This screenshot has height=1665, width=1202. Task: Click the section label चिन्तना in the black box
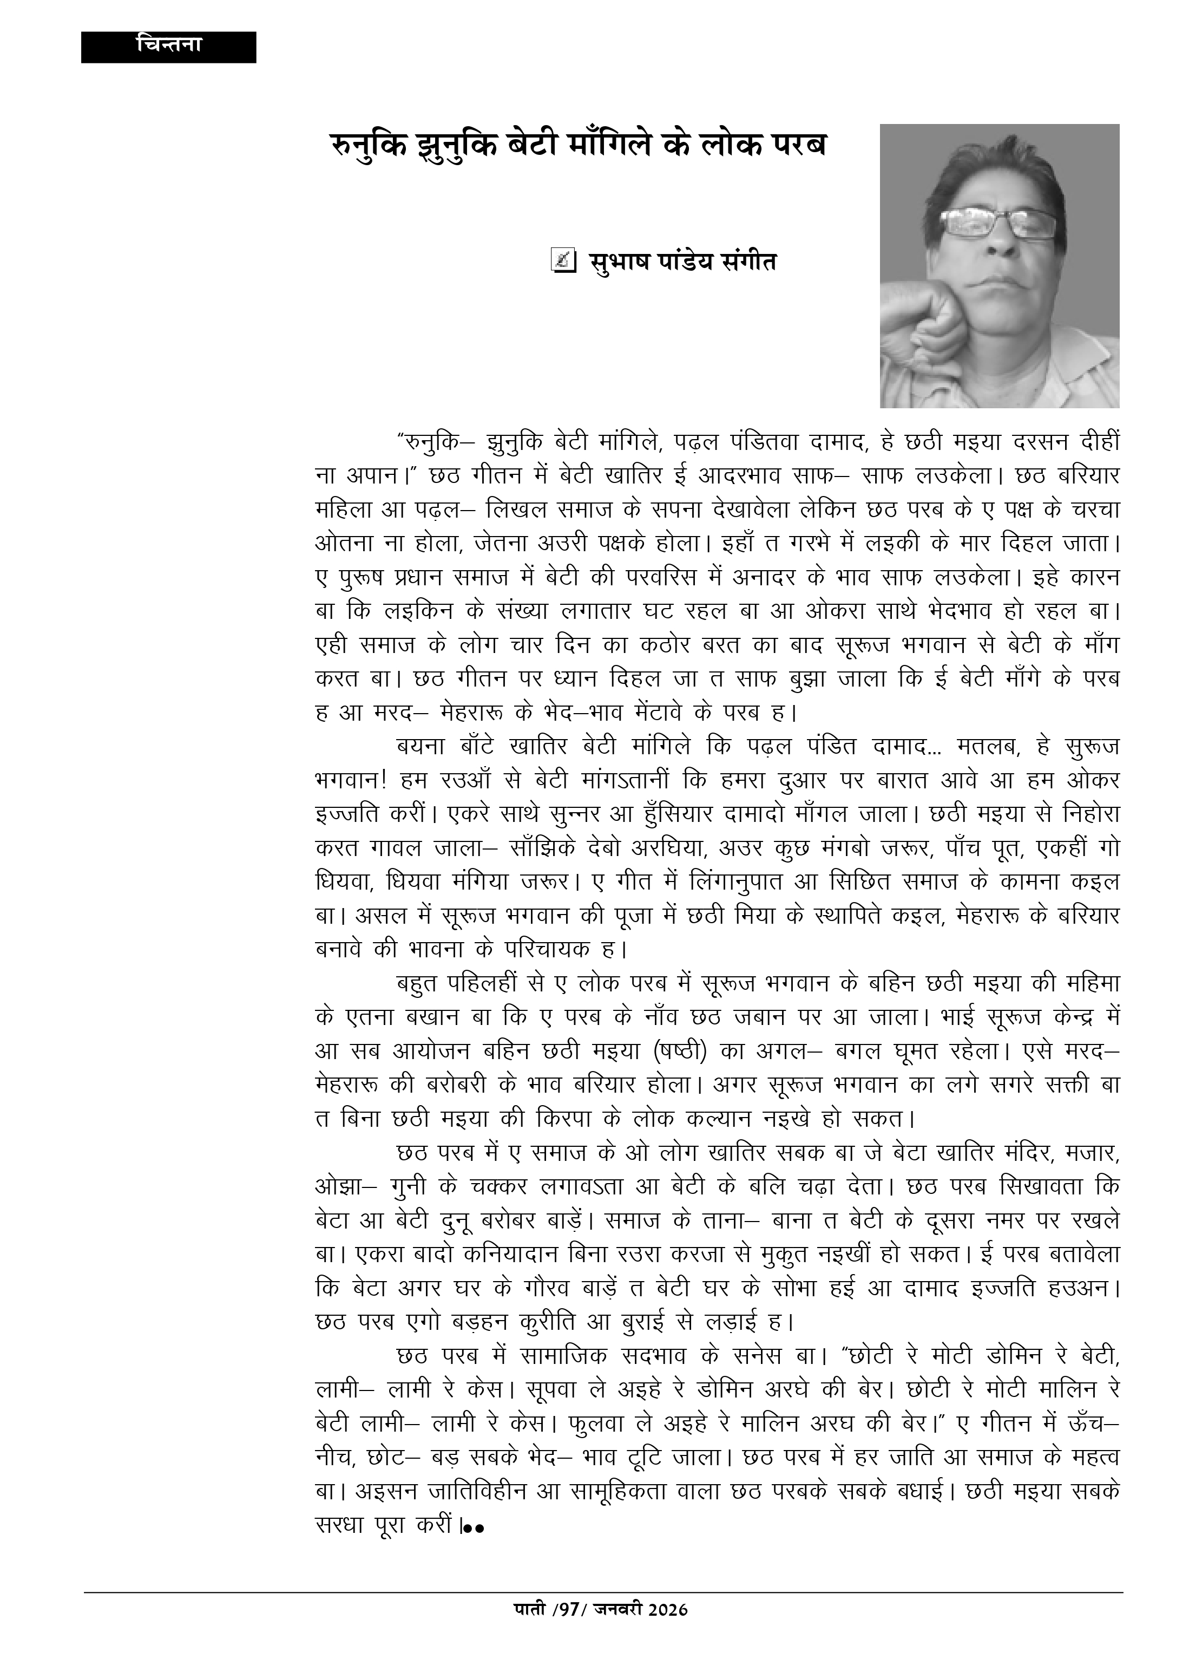click(x=169, y=45)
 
